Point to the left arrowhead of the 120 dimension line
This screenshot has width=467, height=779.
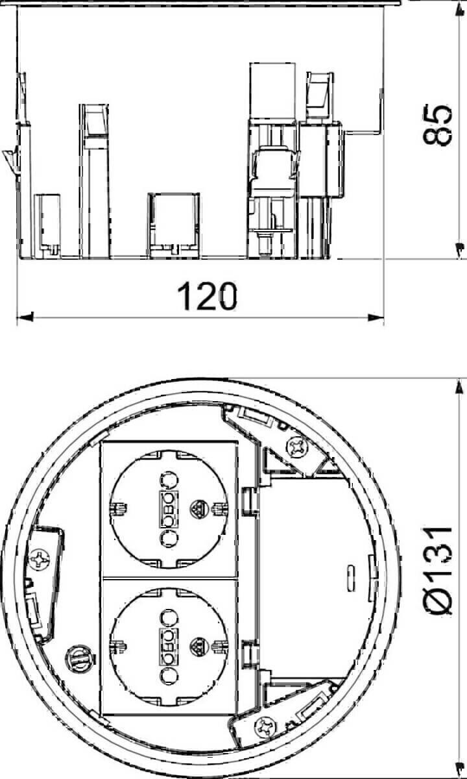25,317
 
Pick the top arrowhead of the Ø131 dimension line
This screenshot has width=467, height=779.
459,387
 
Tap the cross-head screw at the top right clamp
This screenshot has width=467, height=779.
300,447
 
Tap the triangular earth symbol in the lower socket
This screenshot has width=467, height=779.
198,646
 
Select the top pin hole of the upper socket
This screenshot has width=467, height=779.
168,480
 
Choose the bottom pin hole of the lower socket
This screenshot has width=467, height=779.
168,674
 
